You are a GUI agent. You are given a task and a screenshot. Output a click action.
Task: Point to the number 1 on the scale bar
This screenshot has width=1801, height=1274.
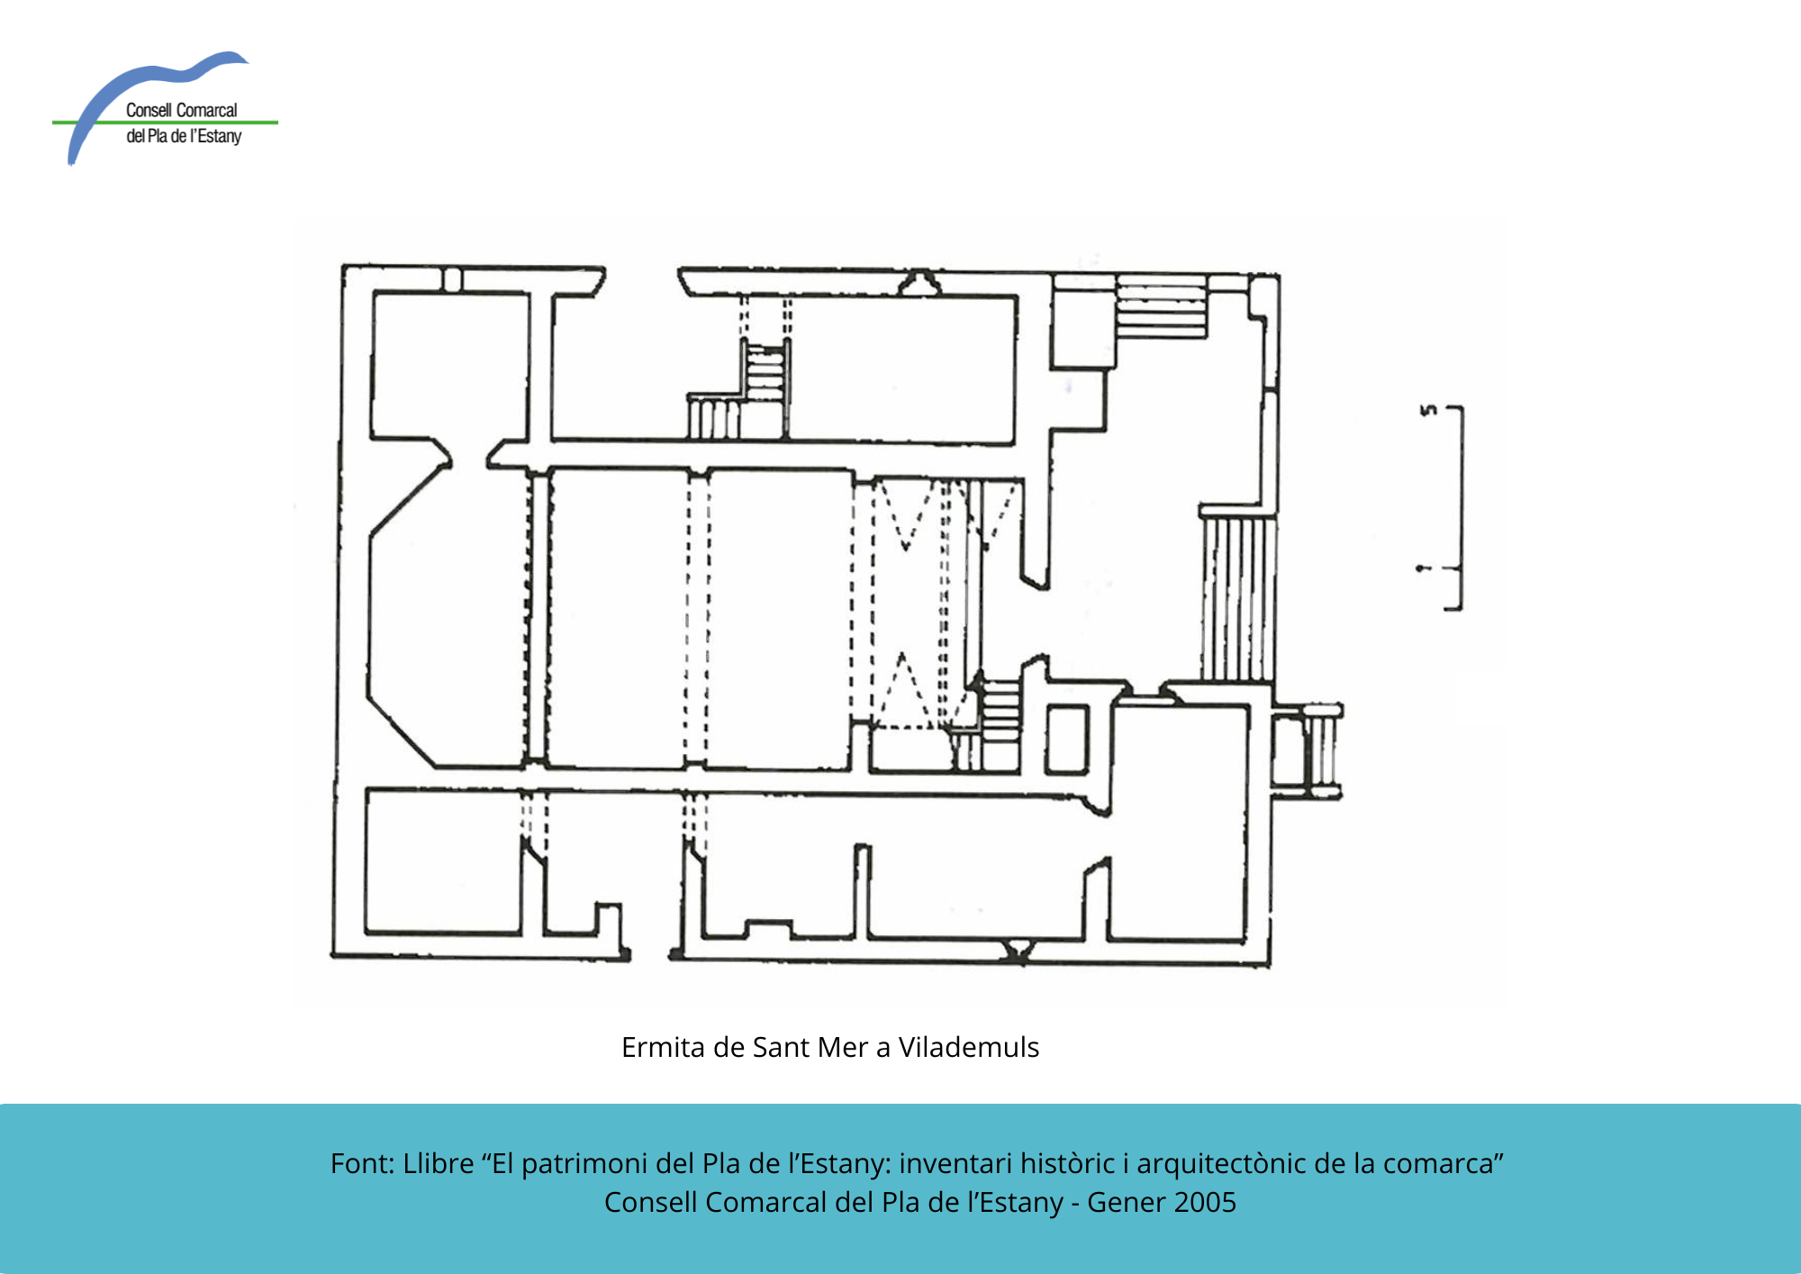coord(1423,569)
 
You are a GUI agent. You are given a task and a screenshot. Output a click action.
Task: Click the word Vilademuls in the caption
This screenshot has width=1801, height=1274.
coord(969,1047)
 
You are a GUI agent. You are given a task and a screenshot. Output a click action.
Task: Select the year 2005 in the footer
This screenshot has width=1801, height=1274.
coord(1207,1202)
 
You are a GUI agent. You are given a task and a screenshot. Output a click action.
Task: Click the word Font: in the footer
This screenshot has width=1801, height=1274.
coord(363,1163)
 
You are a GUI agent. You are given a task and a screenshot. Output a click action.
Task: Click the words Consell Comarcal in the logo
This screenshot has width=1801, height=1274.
coord(181,110)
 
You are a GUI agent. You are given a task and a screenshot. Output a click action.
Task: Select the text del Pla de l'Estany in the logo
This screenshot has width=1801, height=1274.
coord(184,136)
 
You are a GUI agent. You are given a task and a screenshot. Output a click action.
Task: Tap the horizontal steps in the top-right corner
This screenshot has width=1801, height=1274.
coord(1161,307)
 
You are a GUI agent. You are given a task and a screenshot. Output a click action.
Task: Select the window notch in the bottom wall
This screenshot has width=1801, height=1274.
coord(1018,950)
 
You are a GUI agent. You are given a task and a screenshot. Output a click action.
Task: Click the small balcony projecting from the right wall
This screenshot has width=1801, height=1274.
coord(1307,751)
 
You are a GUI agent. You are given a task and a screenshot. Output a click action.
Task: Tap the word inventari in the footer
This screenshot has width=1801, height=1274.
coord(955,1163)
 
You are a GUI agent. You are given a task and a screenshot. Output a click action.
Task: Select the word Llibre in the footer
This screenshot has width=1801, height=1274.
coord(439,1163)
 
